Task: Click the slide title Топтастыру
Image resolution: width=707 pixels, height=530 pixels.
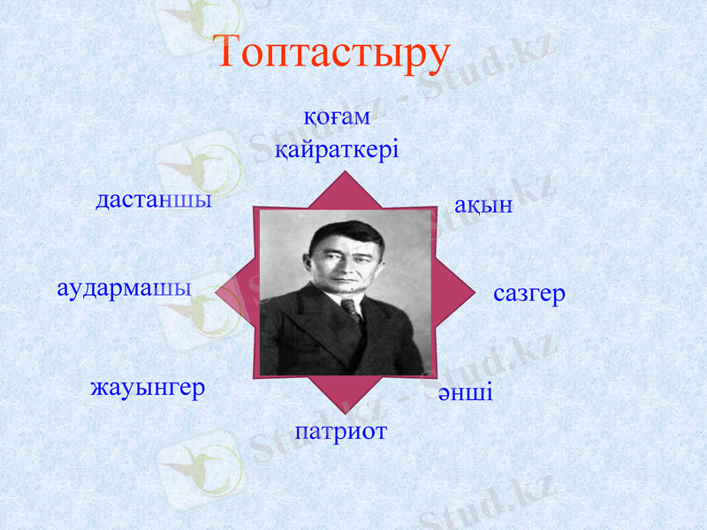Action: click(333, 53)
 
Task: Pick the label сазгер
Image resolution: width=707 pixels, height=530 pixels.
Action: click(528, 294)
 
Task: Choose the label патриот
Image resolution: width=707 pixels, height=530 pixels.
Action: click(341, 432)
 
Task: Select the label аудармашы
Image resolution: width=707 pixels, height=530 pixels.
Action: click(124, 289)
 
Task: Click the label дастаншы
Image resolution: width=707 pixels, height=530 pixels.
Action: click(154, 201)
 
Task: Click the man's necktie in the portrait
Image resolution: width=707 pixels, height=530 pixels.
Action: click(352, 309)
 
